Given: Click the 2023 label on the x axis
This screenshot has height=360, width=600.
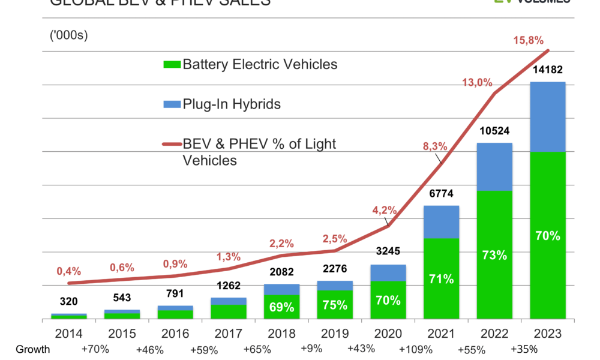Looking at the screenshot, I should pos(547,333).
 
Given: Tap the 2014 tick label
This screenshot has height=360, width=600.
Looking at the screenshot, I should pos(68,333).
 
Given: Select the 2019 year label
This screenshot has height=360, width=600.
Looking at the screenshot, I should pos(335,333).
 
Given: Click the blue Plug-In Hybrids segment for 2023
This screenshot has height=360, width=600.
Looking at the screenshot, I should pos(547,116).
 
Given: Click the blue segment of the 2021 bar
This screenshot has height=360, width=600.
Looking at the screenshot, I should pos(441,221).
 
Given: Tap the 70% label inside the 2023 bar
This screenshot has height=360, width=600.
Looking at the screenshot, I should pos(547,236).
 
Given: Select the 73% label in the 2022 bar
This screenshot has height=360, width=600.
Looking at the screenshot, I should pos(494,255).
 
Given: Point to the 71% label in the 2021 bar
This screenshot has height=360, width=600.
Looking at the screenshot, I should pos(441,279).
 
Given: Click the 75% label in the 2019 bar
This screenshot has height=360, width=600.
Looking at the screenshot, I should pos(335,305).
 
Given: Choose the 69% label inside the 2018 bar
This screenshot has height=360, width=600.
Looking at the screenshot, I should pos(281,307).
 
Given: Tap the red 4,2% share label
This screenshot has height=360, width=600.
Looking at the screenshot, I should pos(384,211).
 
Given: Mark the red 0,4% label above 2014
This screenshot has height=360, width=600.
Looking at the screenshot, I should pos(68,271).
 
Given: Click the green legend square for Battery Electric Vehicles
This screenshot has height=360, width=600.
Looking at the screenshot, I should pos(172,64).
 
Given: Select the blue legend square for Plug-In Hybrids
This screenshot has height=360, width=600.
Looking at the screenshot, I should pos(172,104).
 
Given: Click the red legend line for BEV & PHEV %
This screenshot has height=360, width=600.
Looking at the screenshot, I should pos(172,145).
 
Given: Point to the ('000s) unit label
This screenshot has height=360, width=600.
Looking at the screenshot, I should pos(68,35).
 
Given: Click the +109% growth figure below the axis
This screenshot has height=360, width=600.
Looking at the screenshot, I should pos(415,348).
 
